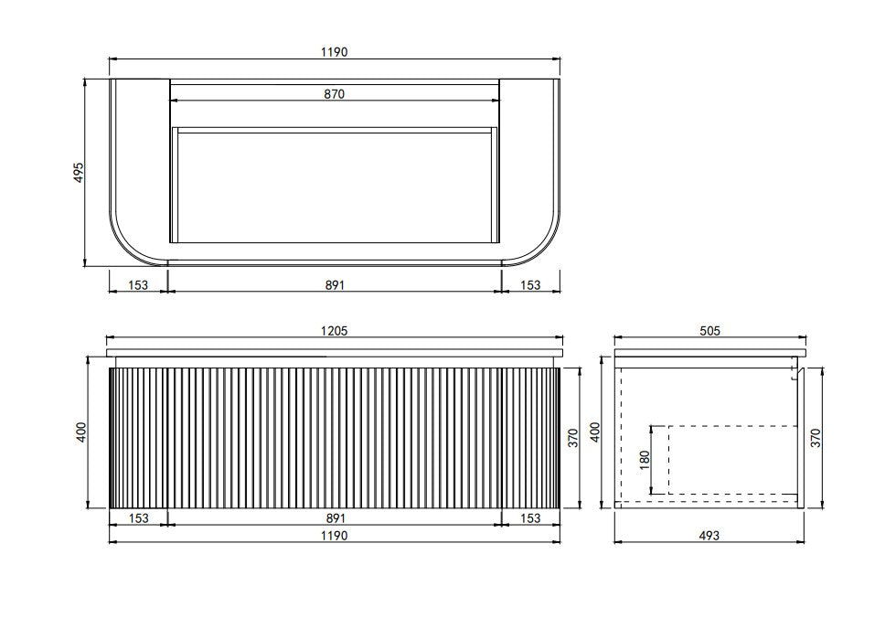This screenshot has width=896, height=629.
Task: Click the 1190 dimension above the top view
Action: [x=334, y=52]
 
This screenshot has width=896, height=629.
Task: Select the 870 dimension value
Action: [x=334, y=94]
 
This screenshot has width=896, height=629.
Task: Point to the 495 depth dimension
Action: [x=79, y=173]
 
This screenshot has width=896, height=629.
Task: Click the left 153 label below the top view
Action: [x=138, y=285]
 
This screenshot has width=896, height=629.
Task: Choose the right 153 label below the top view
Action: [x=530, y=285]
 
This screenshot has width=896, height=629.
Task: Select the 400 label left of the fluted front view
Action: [x=81, y=432]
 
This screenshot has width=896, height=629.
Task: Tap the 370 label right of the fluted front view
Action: [x=574, y=437]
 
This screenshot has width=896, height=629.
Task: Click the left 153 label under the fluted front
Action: [x=138, y=518]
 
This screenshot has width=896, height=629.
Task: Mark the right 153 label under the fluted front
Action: [x=530, y=518]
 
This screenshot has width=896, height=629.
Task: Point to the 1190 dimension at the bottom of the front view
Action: [x=334, y=536]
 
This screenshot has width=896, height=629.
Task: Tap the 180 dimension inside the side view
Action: [x=645, y=460]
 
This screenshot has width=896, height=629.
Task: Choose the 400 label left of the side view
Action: [x=595, y=432]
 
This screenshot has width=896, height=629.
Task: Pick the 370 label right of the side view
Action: [x=816, y=437]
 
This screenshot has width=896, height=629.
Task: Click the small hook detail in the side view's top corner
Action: [x=795, y=370]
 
